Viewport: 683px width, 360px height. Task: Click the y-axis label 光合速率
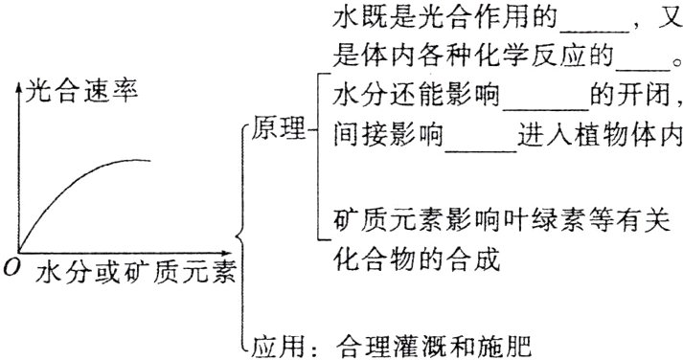(83, 93)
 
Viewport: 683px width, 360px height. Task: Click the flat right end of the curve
(148, 160)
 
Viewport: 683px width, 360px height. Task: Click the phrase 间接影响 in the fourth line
(381, 136)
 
